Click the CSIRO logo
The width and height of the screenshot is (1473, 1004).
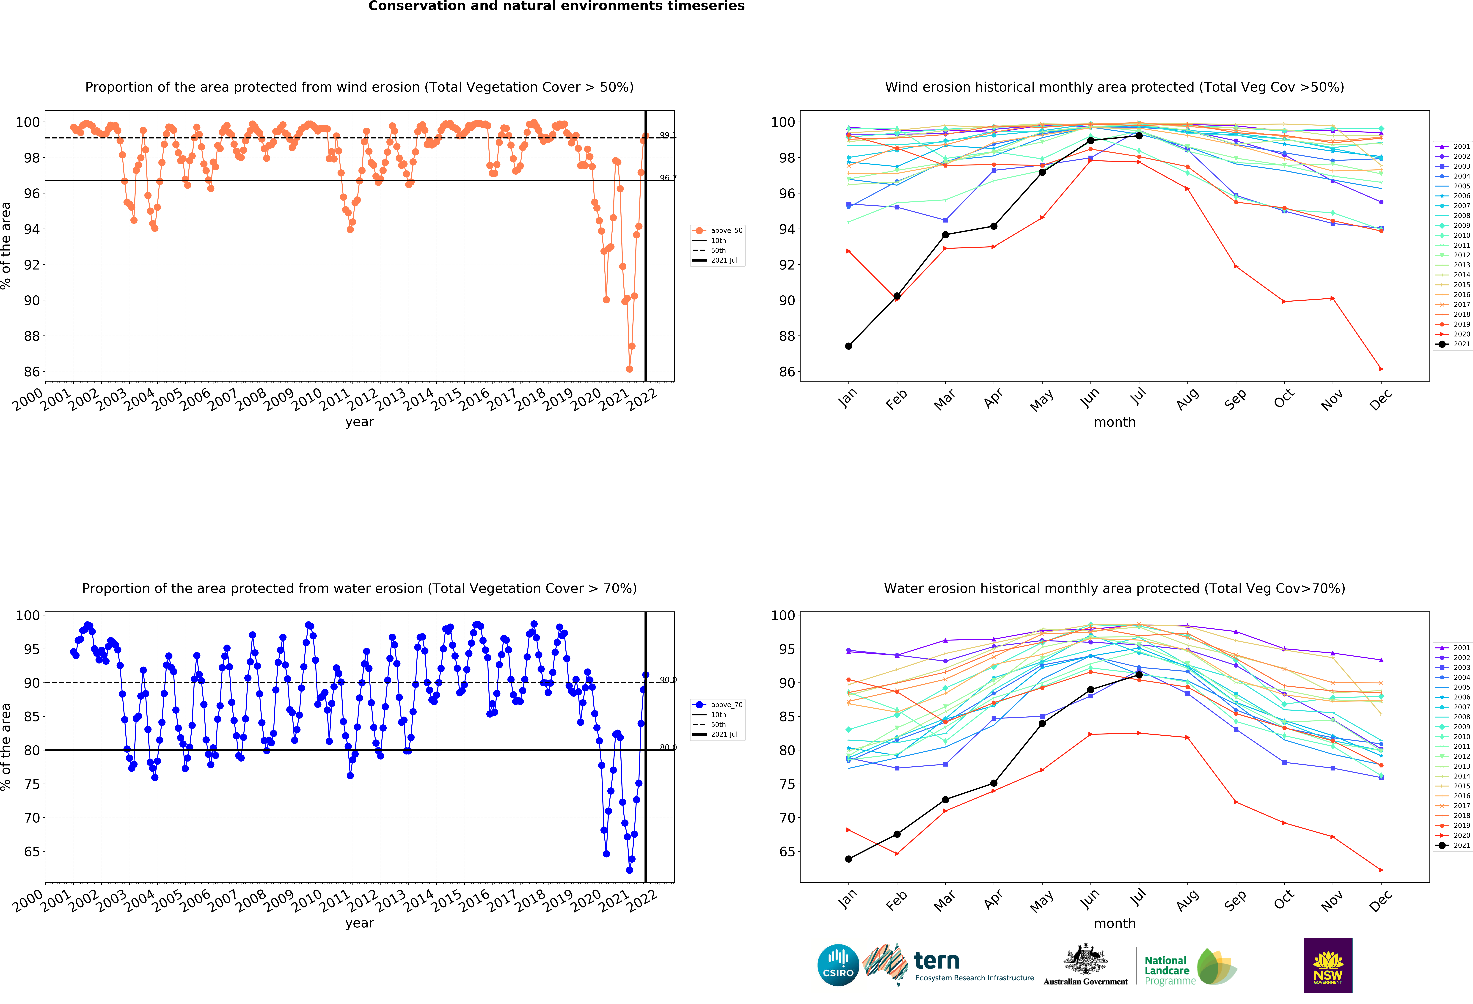pos(838,965)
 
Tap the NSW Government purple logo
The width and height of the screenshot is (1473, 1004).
pos(1328,965)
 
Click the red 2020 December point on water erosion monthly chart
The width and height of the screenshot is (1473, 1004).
pos(1381,870)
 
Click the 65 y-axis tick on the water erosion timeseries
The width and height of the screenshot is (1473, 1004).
pos(32,852)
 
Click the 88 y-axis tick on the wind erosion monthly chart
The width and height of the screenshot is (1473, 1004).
pos(787,336)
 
